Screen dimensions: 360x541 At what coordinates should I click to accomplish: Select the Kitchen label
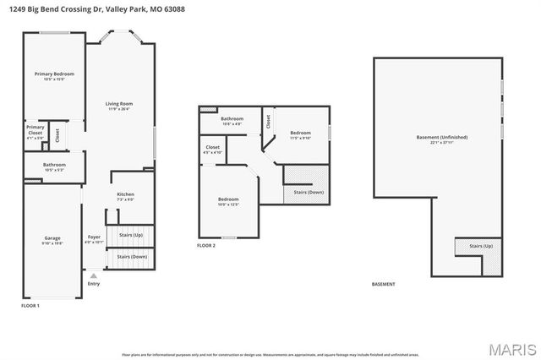click(x=125, y=196)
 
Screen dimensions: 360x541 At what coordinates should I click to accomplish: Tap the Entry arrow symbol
click(x=93, y=275)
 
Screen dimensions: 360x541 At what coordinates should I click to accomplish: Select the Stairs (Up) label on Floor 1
click(x=132, y=234)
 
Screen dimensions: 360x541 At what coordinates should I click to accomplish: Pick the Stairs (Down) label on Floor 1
click(x=132, y=256)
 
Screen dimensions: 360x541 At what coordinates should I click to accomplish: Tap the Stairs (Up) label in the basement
click(x=481, y=246)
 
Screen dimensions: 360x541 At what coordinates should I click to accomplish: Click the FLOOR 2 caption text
click(x=206, y=246)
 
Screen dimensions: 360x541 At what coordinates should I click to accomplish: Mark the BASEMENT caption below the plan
click(x=384, y=284)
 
